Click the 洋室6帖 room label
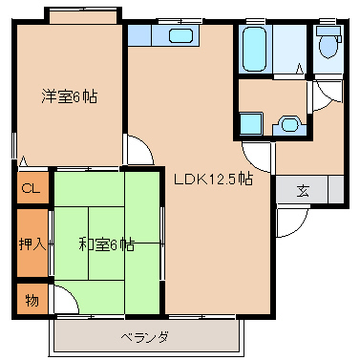coord(69,96)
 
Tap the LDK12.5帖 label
coord(212,179)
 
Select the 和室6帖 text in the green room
coord(106,244)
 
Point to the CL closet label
coord(30,188)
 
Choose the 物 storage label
coord(31,301)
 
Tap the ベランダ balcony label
coord(144,337)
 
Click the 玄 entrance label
coord(303,189)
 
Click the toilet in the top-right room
coord(328,44)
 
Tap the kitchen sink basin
coord(180,37)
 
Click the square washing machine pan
coord(251,123)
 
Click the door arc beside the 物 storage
coord(65,304)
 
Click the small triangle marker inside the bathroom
coord(299,69)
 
